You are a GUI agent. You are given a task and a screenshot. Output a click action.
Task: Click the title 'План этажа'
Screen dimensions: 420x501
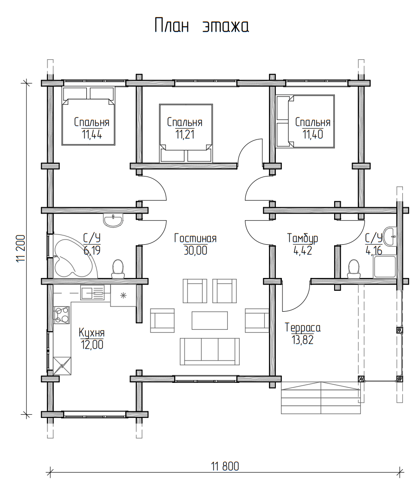coord(202,26)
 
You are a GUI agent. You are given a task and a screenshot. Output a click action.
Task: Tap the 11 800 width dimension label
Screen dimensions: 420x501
coord(225,466)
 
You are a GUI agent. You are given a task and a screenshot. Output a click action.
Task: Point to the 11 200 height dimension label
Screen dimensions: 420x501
coord(21,249)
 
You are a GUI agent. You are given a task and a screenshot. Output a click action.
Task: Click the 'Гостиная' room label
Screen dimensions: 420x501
coord(196,238)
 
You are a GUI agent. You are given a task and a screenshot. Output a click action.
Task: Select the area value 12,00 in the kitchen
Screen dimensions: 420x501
coord(92,345)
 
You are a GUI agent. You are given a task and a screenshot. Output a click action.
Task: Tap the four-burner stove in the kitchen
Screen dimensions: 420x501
coord(61,315)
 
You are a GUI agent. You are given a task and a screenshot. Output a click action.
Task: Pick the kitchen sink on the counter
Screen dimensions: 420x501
coord(93,293)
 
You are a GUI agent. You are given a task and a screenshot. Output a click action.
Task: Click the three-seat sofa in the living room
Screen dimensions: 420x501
coord(210,351)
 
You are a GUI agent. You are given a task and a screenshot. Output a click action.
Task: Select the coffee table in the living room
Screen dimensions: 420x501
coord(210,320)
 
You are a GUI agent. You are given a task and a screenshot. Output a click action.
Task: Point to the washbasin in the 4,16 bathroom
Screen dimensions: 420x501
coord(390,236)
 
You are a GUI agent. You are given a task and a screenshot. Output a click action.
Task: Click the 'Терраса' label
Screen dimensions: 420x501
coord(303,328)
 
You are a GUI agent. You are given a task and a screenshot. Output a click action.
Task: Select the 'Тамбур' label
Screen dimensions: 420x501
coord(302,238)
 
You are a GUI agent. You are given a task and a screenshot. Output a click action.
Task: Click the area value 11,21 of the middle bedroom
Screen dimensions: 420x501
coord(185,134)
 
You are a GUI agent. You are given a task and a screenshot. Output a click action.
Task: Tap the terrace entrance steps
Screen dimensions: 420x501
coord(321,398)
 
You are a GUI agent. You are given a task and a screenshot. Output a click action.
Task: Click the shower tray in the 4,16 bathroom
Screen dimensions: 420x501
coord(384,267)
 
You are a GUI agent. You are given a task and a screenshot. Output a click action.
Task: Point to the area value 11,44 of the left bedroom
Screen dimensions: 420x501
coord(92,134)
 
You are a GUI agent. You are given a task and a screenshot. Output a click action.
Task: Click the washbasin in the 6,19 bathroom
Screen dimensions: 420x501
coord(113,220)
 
